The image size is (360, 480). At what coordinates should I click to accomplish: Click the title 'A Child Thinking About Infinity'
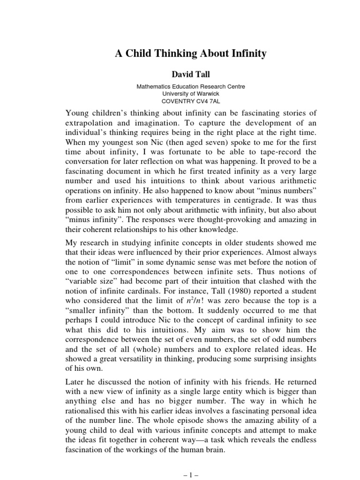coord(190,54)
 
